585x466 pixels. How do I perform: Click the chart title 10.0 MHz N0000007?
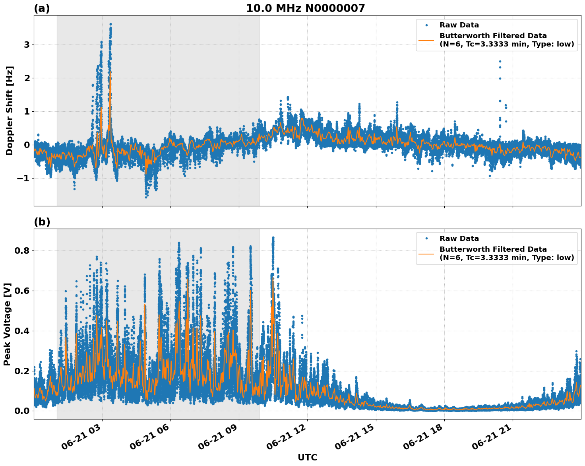[x=305, y=8]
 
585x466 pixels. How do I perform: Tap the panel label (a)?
[x=42, y=8]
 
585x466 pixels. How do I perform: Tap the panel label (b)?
[x=42, y=222]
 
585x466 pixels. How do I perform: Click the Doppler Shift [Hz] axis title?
[x=10, y=111]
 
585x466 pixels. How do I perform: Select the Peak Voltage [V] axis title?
[x=7, y=324]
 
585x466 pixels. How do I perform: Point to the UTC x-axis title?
[x=307, y=457]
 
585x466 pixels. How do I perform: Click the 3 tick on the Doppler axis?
[x=27, y=45]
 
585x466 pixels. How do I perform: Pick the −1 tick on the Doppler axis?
[x=23, y=178]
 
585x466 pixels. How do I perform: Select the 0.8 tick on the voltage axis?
[x=22, y=251]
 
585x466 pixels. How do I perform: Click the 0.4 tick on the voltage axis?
[x=22, y=331]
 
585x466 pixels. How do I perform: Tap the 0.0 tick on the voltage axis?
[x=22, y=411]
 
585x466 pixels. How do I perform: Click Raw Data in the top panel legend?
[x=459, y=25]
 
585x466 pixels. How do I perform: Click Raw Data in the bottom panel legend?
[x=459, y=239]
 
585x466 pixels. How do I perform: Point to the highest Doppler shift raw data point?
[x=110, y=24]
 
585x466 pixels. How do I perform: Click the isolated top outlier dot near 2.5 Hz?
[x=500, y=61]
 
